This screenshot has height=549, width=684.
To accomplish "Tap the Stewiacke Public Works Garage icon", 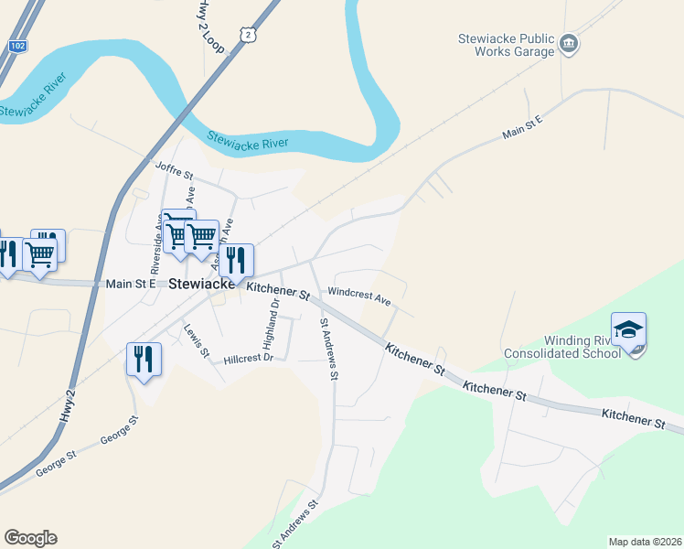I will (569, 45).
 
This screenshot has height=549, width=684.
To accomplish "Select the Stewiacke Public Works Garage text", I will (507, 45).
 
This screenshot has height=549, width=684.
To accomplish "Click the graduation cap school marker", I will (629, 330).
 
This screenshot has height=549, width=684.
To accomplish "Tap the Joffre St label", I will (175, 171).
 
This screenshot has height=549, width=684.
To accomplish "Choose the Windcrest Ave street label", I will (358, 296).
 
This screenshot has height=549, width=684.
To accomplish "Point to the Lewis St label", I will (197, 340).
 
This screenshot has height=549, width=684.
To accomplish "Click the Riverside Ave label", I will (156, 246).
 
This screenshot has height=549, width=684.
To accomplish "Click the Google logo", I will (30, 538).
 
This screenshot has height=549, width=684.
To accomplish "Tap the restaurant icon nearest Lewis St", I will (144, 359).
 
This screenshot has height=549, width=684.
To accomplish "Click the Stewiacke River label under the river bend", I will (247, 142).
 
